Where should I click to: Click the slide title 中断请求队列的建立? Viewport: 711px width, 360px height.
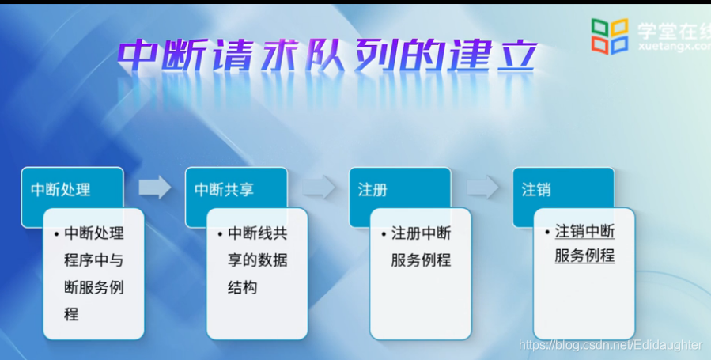point(327,55)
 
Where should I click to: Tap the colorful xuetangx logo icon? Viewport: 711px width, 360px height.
point(610,36)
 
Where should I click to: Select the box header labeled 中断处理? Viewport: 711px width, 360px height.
point(61,190)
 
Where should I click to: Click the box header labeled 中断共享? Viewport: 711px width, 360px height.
point(224,190)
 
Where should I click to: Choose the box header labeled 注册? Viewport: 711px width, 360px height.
point(373,190)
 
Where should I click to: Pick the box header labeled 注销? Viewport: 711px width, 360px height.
point(536,190)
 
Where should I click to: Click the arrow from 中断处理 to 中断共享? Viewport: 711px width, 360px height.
point(155,187)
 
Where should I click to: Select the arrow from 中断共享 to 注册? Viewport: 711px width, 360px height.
point(319,187)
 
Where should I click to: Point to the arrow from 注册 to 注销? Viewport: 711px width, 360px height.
point(482,187)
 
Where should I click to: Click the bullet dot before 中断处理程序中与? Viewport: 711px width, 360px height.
point(56,234)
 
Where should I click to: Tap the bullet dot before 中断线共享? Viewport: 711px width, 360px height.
point(220,234)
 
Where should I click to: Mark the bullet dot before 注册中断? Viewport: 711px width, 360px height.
point(384,234)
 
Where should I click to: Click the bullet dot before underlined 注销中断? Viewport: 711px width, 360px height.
point(548,233)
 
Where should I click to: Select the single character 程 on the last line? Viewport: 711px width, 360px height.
point(71,314)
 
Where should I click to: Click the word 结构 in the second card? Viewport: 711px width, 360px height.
point(243,287)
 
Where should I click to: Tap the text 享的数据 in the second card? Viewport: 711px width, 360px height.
point(258,261)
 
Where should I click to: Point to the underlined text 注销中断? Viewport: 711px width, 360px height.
point(585,232)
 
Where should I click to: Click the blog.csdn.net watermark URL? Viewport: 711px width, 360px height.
point(611,345)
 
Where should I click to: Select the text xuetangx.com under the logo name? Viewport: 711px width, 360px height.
point(675,46)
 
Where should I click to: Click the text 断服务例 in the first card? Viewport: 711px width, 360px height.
point(94,287)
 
